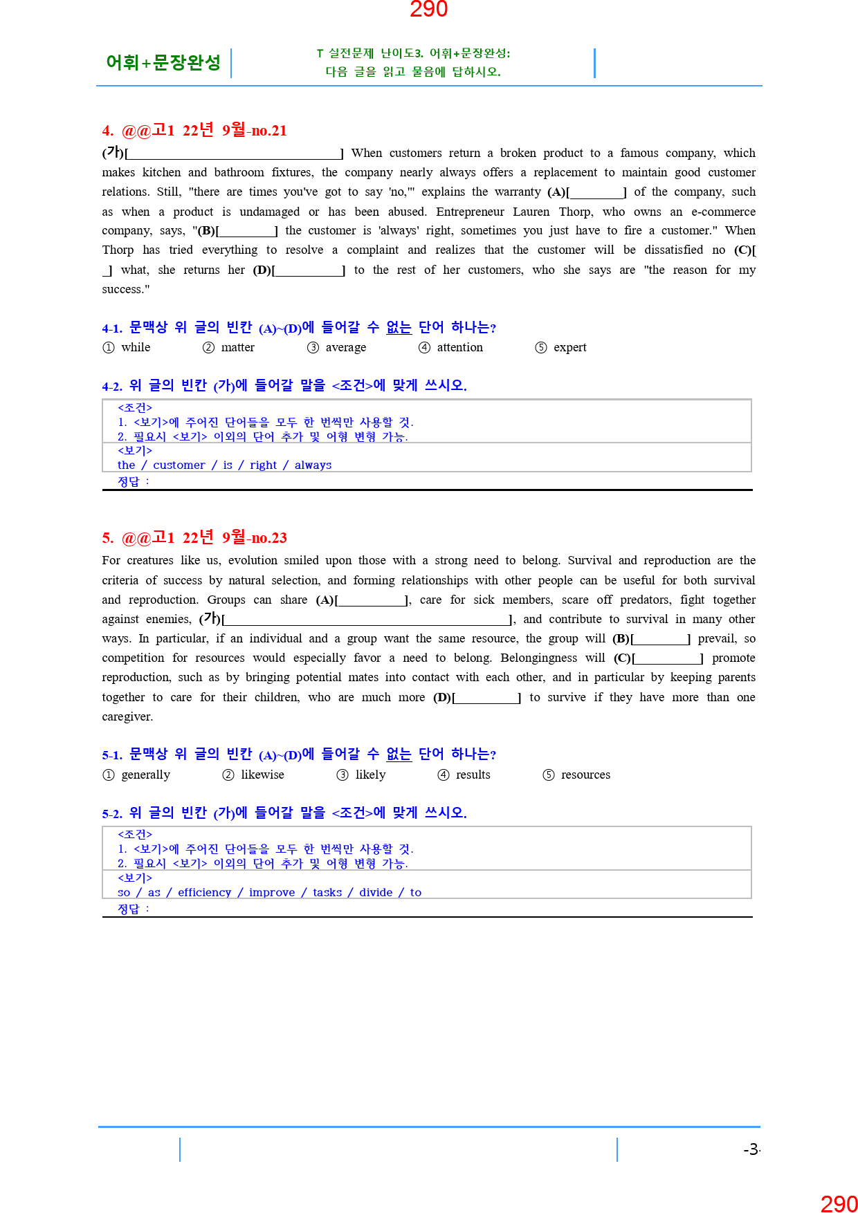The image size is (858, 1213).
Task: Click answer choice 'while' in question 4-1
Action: click(x=136, y=347)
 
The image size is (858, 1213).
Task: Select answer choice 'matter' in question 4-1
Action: click(x=237, y=347)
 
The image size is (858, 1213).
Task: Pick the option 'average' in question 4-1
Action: click(x=345, y=347)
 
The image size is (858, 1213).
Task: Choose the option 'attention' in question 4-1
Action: click(x=459, y=347)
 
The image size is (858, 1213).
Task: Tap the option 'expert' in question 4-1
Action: click(x=569, y=347)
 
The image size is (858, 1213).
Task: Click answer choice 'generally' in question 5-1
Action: click(x=145, y=775)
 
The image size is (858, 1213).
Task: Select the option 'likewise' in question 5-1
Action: click(x=262, y=775)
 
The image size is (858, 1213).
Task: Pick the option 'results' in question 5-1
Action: click(x=473, y=775)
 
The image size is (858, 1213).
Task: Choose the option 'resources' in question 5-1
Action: click(x=585, y=775)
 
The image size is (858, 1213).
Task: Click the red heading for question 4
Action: click(x=194, y=130)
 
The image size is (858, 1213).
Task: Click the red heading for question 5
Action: click(x=194, y=537)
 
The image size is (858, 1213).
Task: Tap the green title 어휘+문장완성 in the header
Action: click(x=163, y=63)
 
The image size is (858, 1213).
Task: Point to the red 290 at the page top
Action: click(x=428, y=10)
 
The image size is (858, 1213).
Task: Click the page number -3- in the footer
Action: click(x=751, y=1149)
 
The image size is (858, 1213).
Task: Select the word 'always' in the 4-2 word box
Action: click(x=313, y=465)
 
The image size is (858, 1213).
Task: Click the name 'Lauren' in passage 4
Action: click(x=531, y=212)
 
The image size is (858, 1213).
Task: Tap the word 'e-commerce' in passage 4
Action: click(x=723, y=212)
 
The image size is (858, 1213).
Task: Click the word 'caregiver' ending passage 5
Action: click(x=127, y=716)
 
